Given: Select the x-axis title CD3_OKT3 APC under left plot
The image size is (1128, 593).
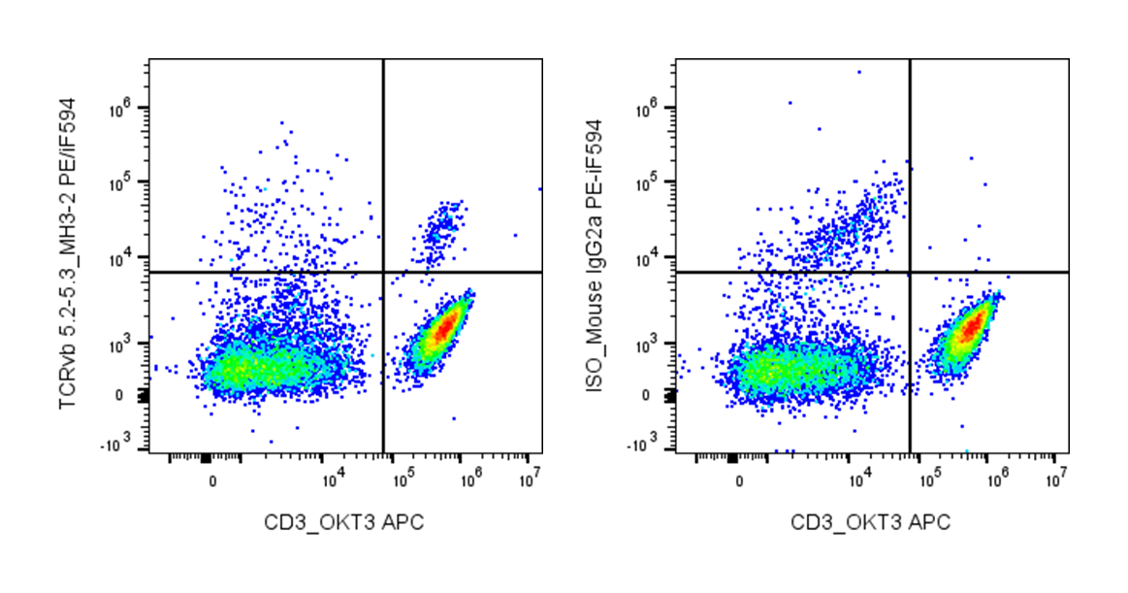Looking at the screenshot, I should (x=344, y=523).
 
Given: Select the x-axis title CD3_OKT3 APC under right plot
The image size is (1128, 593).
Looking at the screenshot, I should (x=871, y=523).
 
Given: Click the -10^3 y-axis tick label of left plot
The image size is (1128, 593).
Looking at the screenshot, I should (x=120, y=444).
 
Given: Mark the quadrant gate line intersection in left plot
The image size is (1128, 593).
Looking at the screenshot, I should (x=384, y=273).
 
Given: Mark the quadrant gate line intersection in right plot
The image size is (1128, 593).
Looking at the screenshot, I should (x=911, y=273).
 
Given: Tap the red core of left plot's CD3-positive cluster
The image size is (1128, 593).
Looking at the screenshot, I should (x=442, y=329).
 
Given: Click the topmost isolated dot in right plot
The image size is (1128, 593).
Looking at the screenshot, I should (x=858, y=72).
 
